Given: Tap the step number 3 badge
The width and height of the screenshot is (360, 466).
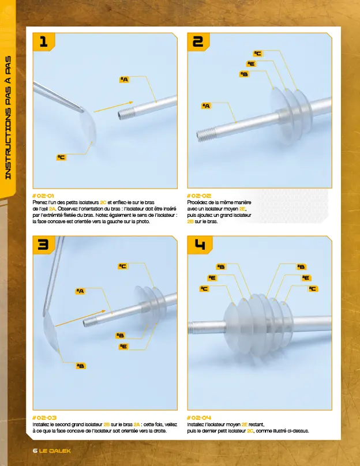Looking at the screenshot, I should point(44,245).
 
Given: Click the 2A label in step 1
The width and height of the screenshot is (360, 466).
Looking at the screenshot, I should point(124,79).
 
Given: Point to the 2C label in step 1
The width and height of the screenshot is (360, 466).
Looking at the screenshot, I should point(61,157).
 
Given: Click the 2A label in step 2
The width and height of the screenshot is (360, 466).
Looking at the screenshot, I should point(206,106).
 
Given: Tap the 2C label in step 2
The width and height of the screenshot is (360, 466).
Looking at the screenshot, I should point(258,54).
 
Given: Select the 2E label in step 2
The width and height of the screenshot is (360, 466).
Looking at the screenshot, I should point(251,64).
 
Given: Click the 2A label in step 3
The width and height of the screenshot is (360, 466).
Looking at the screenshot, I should point(80,291).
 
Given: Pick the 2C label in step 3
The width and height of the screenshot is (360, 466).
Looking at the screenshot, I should point(122,266).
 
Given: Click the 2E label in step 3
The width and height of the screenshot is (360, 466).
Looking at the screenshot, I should point(123,346).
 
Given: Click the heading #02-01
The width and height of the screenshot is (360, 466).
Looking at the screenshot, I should point(44,196).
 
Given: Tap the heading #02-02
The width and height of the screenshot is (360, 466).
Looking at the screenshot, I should point(200,196).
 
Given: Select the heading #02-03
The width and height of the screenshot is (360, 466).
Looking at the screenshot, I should point(44,417).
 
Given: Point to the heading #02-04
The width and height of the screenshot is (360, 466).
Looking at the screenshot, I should point(200,417).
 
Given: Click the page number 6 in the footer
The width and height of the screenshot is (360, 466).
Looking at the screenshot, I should point(35,450).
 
